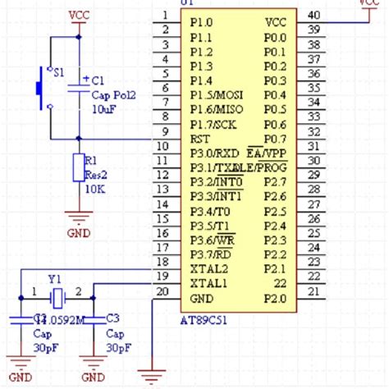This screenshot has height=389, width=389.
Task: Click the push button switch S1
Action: (x=43, y=89)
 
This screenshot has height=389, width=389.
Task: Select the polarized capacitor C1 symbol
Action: (x=79, y=84)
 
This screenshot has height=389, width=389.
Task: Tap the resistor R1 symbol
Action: (x=79, y=167)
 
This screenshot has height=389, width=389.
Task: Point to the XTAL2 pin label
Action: (x=209, y=268)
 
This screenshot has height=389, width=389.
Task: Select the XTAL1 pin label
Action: (x=209, y=283)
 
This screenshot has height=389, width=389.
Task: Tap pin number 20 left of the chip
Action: (x=163, y=291)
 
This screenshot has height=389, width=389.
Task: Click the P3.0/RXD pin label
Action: (x=214, y=152)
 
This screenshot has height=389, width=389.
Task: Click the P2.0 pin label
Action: (x=275, y=298)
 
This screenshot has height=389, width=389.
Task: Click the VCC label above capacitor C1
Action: (x=79, y=15)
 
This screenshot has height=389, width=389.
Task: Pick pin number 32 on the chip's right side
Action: (x=313, y=131)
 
